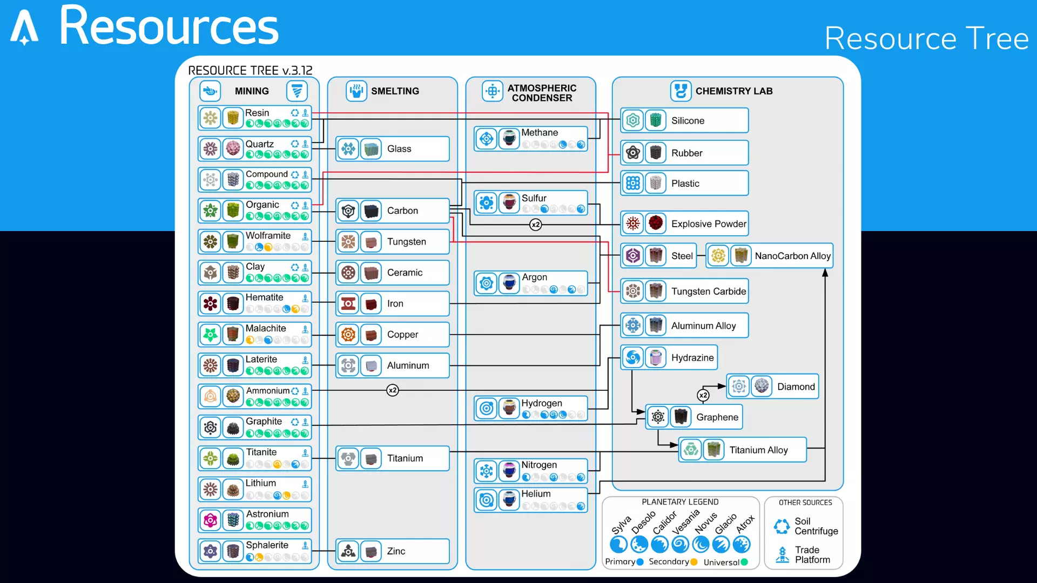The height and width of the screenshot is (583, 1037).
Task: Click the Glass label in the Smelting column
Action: point(399,149)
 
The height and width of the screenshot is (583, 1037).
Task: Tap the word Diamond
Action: point(796,387)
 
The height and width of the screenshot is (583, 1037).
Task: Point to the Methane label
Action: point(539,133)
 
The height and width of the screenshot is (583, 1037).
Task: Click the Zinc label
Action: point(396,551)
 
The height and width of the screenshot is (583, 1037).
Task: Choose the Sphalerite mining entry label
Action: point(267,545)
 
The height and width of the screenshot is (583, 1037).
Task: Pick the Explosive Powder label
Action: point(709,224)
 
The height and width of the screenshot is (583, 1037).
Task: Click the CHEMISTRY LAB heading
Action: point(733,91)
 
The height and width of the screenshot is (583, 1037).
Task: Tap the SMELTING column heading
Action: point(395,91)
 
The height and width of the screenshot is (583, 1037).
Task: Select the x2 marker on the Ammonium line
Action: point(393,390)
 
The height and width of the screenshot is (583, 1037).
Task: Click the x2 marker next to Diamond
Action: point(703,395)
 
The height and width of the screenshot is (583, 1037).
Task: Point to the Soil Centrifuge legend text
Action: point(816,526)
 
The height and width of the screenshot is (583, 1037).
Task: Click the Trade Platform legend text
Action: point(812,555)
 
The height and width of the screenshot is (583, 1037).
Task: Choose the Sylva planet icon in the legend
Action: point(618,544)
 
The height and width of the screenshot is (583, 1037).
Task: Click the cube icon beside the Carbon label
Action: point(371,211)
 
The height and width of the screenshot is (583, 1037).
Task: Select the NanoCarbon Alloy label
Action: point(792,256)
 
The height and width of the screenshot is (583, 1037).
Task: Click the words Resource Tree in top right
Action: point(926,39)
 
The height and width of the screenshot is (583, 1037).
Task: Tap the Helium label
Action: point(536,494)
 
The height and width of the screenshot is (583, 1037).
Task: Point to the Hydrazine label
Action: point(692,358)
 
